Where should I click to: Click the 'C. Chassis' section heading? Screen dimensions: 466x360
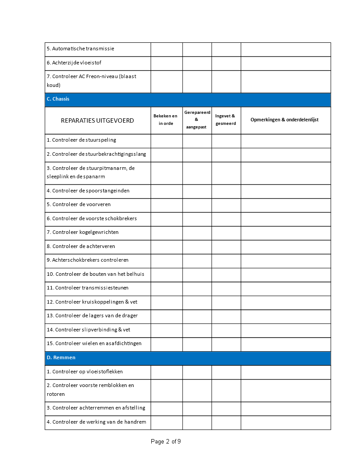tap(58, 99)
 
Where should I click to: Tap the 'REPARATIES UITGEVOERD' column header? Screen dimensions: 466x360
tap(97, 120)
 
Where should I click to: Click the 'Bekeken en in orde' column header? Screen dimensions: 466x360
tap(166, 120)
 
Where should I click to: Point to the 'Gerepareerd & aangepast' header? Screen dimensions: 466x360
tap(197, 120)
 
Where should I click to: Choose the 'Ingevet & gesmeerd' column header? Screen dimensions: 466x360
tap(225, 120)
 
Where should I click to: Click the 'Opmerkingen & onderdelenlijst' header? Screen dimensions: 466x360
tap(285, 120)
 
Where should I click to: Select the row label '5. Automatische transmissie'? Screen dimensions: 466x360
tap(80, 49)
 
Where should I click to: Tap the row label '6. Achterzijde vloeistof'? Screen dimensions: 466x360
tap(77, 63)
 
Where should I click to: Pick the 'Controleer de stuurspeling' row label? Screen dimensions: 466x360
tap(81, 140)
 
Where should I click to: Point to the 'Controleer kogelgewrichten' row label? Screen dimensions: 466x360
tap(82, 232)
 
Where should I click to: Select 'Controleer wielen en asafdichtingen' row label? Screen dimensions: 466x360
tap(94, 343)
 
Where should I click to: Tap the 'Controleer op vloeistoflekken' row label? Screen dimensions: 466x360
tap(85, 372)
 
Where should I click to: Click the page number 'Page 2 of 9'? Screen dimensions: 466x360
tap(165, 441)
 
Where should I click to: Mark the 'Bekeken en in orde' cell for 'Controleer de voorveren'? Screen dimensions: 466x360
tap(166, 205)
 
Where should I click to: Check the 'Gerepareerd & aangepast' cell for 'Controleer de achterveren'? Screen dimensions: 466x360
tap(197, 246)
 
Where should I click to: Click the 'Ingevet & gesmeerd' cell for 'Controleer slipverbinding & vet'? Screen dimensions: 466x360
tap(226, 330)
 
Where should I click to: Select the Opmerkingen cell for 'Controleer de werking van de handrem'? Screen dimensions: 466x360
tap(285, 422)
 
